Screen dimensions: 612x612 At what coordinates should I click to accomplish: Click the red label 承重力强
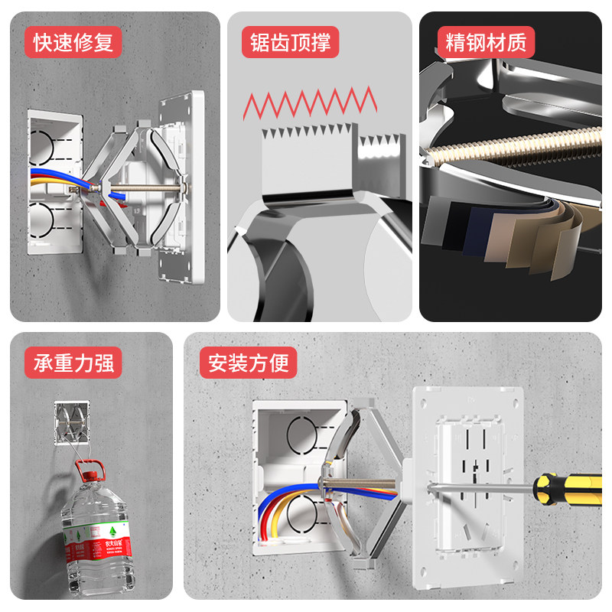73,363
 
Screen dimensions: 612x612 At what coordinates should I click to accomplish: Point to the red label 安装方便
249,363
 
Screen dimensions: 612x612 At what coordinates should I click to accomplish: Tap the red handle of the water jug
90,466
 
